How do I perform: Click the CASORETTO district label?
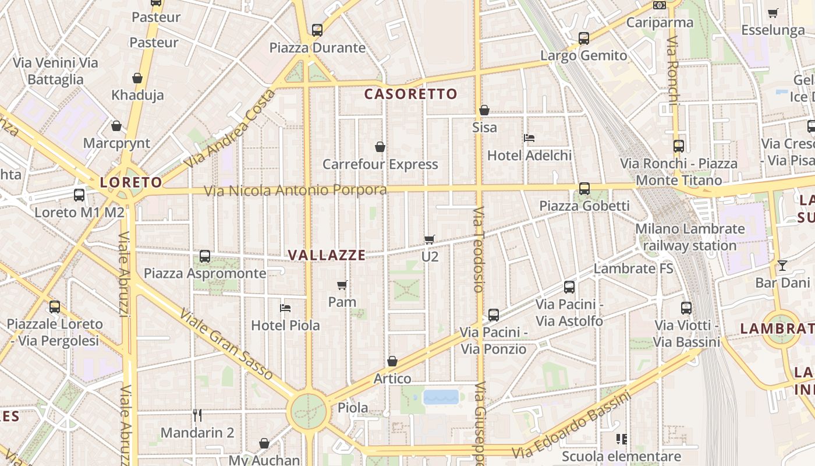pyautogui.click(x=411, y=94)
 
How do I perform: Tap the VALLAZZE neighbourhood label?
pyautogui.click(x=327, y=255)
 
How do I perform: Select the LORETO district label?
pyautogui.click(x=131, y=182)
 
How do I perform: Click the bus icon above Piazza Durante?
pyautogui.click(x=317, y=30)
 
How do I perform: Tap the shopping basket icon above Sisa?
pyautogui.click(x=484, y=110)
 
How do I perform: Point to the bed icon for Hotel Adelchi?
pyautogui.click(x=529, y=138)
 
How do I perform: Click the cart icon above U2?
pyautogui.click(x=430, y=239)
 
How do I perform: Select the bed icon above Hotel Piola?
pyautogui.click(x=285, y=308)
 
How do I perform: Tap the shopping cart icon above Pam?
pyautogui.click(x=342, y=285)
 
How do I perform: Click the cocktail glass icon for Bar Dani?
pyautogui.click(x=782, y=266)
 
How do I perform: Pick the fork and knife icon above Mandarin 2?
pyautogui.click(x=197, y=415)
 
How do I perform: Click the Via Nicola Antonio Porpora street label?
pyautogui.click(x=295, y=190)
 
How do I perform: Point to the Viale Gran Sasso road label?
pyautogui.click(x=226, y=344)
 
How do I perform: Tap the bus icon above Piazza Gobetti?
pyautogui.click(x=584, y=189)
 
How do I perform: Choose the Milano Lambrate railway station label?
pyautogui.click(x=690, y=237)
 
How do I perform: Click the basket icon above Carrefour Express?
pyautogui.click(x=380, y=147)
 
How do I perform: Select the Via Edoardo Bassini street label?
pyautogui.click(x=571, y=426)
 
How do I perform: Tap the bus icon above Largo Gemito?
pyautogui.click(x=584, y=38)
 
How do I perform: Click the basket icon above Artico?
pyautogui.click(x=392, y=361)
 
